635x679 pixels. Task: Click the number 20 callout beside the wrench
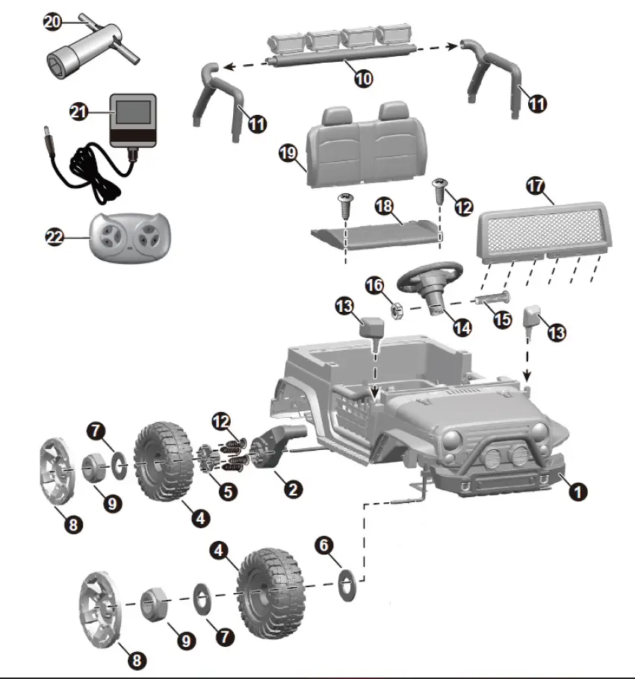pos(52,22)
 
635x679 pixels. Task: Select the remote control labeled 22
pos(127,237)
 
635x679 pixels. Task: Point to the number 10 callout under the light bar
pos(363,77)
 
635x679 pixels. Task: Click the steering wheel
pos(430,279)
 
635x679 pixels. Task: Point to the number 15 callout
pos(502,319)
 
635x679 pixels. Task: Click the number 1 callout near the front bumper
pos(577,491)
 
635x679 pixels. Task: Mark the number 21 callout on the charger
pos(80,111)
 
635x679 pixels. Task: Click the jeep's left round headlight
pos(453,439)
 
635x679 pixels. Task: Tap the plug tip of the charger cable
pos(46,133)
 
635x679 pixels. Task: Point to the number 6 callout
pos(323,545)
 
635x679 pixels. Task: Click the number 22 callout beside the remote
pos(55,237)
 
